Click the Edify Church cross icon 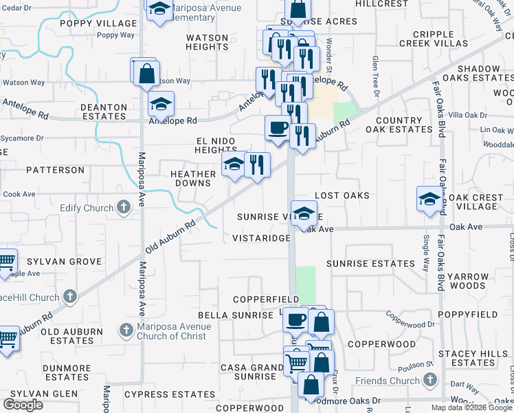[x=124, y=206]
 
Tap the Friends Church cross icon [x=430, y=381]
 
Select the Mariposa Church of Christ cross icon [x=126, y=330]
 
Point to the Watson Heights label [x=207, y=43]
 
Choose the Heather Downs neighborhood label [x=191, y=179]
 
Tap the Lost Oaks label [x=342, y=195]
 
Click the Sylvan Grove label [x=64, y=262]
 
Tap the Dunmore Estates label [x=67, y=372]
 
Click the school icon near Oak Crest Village [x=429, y=199]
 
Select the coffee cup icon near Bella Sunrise [x=296, y=319]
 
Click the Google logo [x=23, y=405]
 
